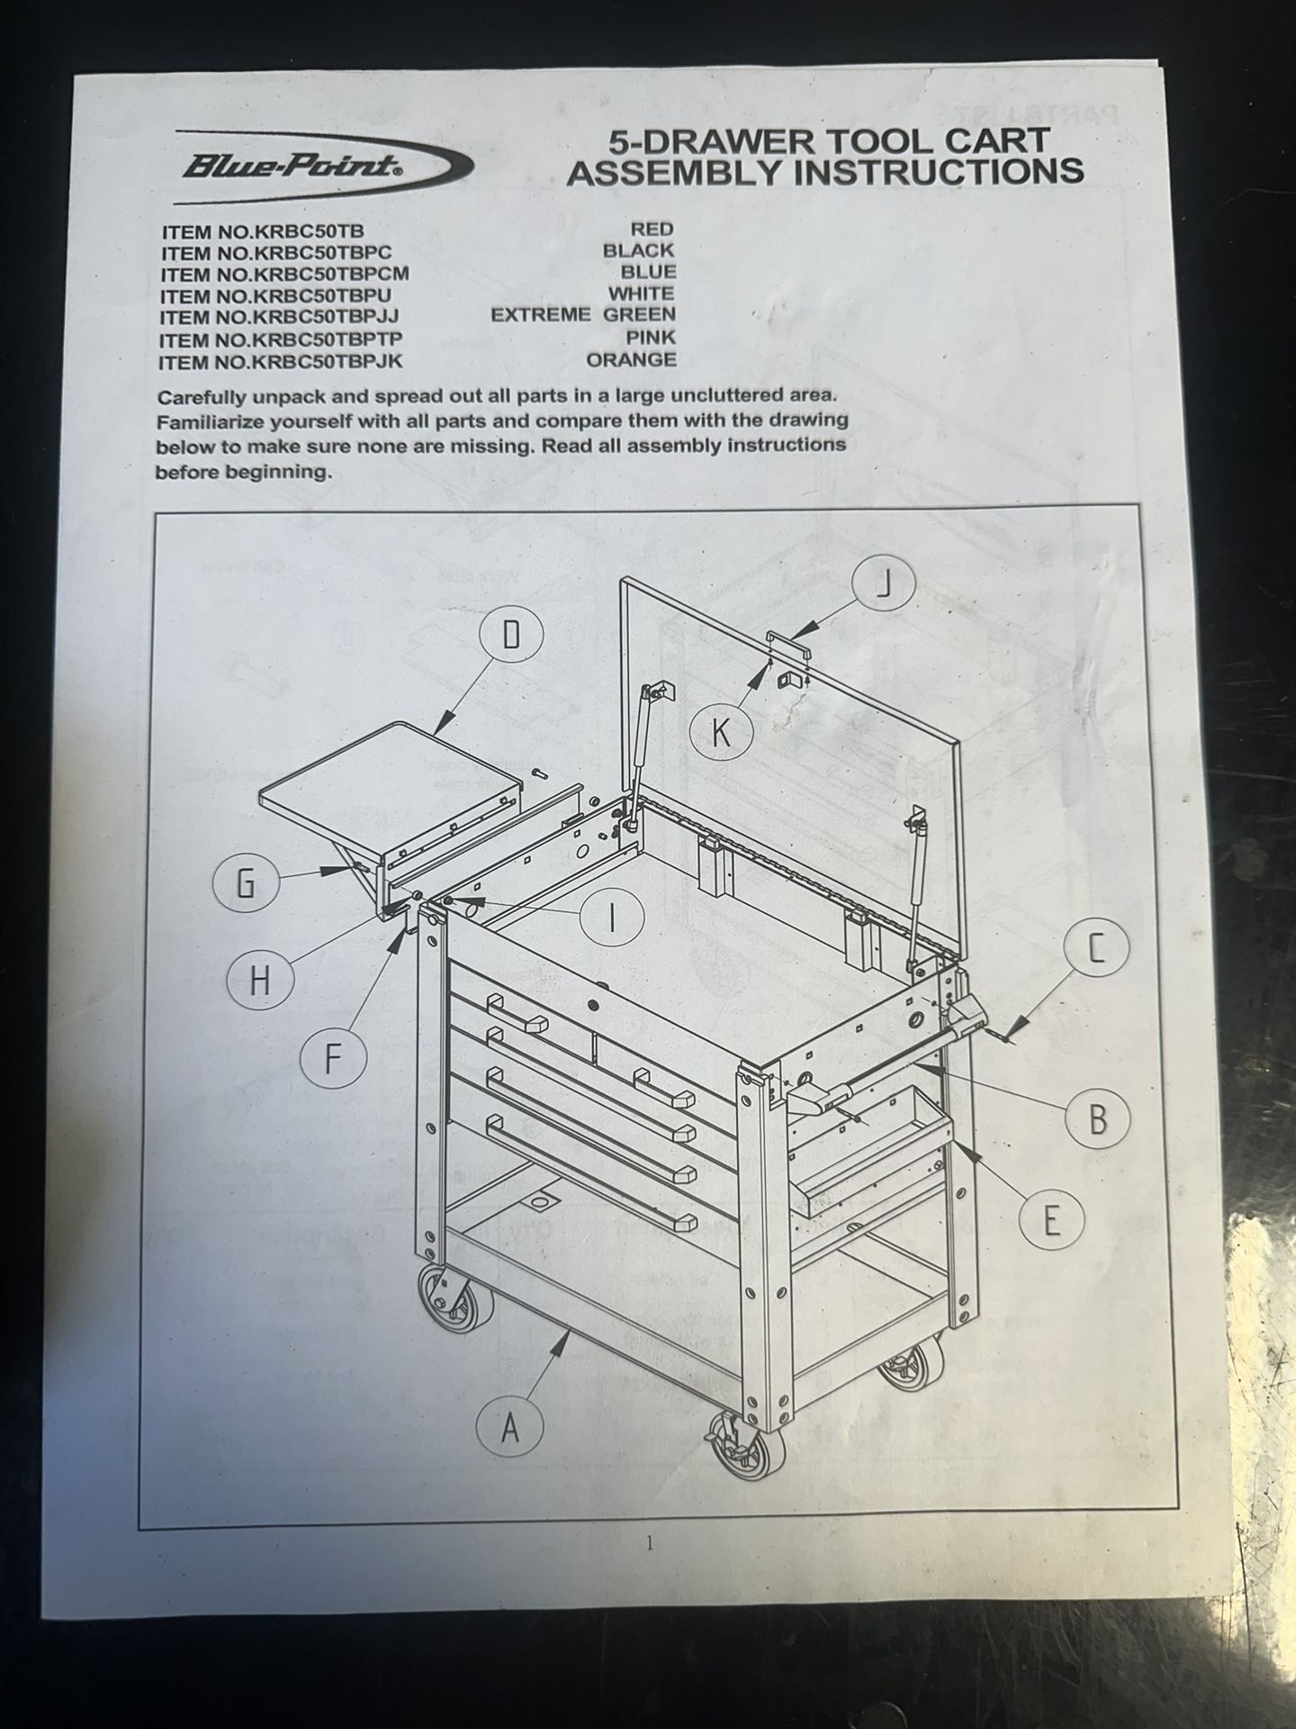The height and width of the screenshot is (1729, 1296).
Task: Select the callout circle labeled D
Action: coord(510,638)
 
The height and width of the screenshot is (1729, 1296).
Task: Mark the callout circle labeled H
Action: coord(260,981)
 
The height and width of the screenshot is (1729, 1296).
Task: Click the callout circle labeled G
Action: coord(246,883)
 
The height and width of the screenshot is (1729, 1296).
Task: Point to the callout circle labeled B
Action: coord(1096,1118)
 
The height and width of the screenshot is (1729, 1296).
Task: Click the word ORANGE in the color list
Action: coord(632,359)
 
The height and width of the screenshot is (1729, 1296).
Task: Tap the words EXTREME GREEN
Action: coord(583,314)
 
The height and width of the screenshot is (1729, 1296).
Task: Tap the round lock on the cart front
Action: coord(592,1003)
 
